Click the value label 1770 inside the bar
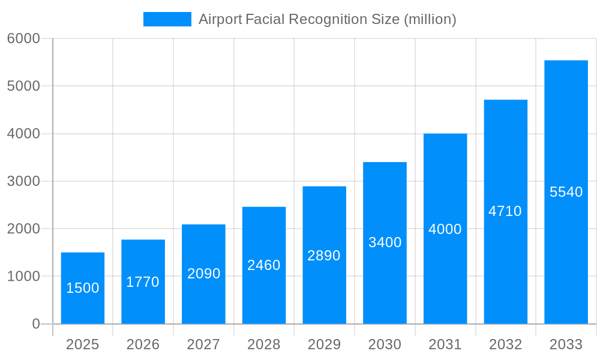pos(143,282)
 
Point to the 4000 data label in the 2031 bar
pos(445,229)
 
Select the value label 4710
pos(505,211)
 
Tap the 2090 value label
pos(204,274)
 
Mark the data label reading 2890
pos(324,256)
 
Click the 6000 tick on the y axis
pos(23,39)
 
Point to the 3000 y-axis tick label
pos(23,181)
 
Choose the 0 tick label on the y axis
pos(36,324)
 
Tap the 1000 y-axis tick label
pos(23,277)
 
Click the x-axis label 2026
pos(143,345)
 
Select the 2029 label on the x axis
pos(324,345)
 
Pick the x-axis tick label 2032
pos(505,345)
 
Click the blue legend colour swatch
pos(167,19)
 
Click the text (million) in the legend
pos(430,19)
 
